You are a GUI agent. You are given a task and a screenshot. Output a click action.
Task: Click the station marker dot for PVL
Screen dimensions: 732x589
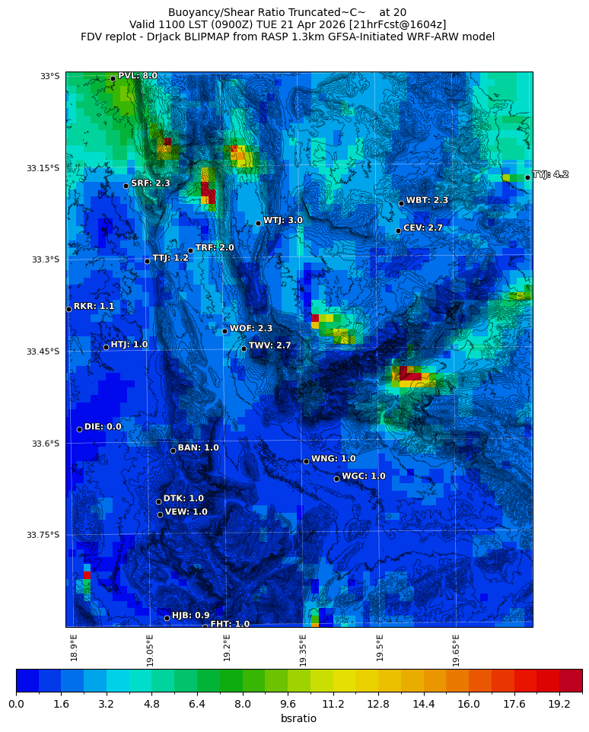tap(113, 78)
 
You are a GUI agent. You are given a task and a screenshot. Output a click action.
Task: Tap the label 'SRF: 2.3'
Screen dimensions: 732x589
tap(151, 183)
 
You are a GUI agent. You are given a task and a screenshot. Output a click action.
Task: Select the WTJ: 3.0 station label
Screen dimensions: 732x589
tap(283, 220)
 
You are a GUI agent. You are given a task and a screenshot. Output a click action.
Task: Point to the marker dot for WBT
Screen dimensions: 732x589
tap(401, 203)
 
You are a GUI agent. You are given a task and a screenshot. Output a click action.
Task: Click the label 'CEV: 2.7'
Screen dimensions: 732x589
tap(422, 228)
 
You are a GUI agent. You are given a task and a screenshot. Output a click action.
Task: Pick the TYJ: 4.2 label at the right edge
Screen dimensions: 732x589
tap(550, 174)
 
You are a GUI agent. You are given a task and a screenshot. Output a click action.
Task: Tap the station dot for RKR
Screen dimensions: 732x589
tap(68, 309)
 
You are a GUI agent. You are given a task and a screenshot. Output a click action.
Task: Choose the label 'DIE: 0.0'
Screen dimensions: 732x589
tap(103, 427)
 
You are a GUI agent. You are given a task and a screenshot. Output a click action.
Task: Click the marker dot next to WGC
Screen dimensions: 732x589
tap(336, 479)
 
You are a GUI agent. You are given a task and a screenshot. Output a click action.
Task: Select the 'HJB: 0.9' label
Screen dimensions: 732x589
tap(190, 616)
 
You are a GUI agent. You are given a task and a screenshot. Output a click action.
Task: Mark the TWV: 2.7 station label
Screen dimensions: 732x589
tap(269, 345)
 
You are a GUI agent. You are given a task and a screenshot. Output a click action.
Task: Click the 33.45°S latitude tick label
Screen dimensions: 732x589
tap(43, 352)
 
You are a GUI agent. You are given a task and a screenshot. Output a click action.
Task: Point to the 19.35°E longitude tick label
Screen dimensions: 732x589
tap(303, 650)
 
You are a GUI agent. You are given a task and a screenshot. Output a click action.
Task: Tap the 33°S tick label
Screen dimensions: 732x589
tap(49, 76)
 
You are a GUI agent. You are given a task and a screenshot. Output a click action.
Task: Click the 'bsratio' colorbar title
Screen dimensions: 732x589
tap(298, 719)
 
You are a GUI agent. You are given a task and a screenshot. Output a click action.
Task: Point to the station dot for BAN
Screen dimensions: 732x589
tap(173, 450)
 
